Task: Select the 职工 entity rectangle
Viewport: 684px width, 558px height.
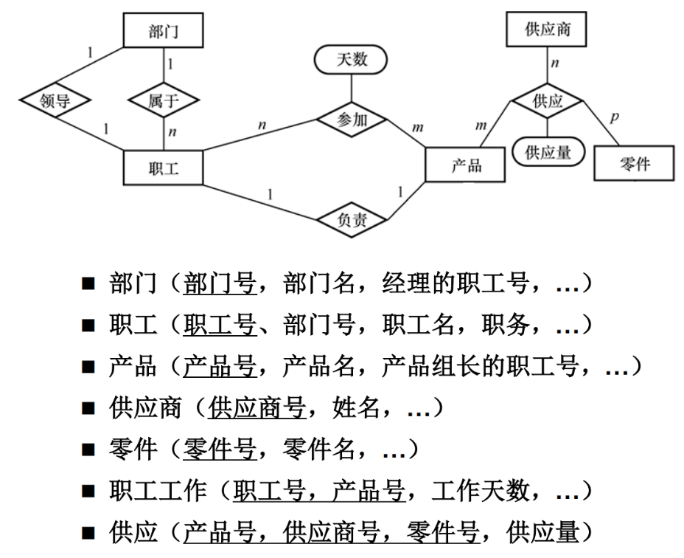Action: tap(163, 168)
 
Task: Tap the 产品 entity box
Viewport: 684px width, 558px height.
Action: tap(465, 164)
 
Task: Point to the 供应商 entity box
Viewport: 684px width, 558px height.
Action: tap(548, 31)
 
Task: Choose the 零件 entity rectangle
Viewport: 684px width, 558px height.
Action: tap(634, 163)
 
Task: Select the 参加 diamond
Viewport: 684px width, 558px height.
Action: tap(352, 120)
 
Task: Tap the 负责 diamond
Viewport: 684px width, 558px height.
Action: tap(352, 219)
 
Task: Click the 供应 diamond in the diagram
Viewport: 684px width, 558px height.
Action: tap(548, 101)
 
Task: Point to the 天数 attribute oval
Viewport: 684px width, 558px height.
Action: tap(352, 60)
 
